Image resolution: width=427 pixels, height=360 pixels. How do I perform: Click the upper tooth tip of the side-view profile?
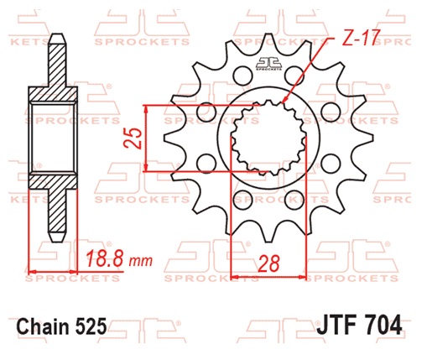pos(56,39)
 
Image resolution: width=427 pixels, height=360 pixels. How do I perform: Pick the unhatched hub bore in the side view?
pos(56,138)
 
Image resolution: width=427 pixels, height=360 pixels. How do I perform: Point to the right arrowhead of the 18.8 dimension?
pos(80,271)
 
